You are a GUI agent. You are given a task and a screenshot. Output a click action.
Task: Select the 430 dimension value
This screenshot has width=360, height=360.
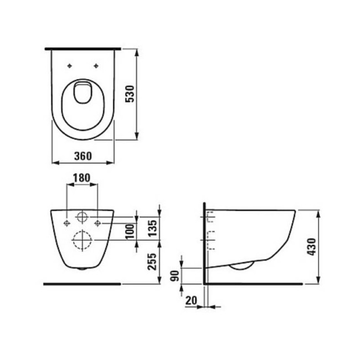(313, 245)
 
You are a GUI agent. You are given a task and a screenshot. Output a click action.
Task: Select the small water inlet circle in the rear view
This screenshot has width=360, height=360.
(82, 217)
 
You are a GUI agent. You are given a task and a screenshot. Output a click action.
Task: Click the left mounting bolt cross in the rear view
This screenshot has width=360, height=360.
(66, 223)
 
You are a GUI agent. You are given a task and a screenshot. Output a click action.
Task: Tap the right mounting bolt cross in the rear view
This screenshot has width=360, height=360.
(97, 223)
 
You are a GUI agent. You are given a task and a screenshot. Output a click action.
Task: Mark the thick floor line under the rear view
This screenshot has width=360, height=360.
(82, 283)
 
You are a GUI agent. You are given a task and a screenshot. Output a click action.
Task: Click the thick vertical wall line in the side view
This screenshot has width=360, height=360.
(205, 244)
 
